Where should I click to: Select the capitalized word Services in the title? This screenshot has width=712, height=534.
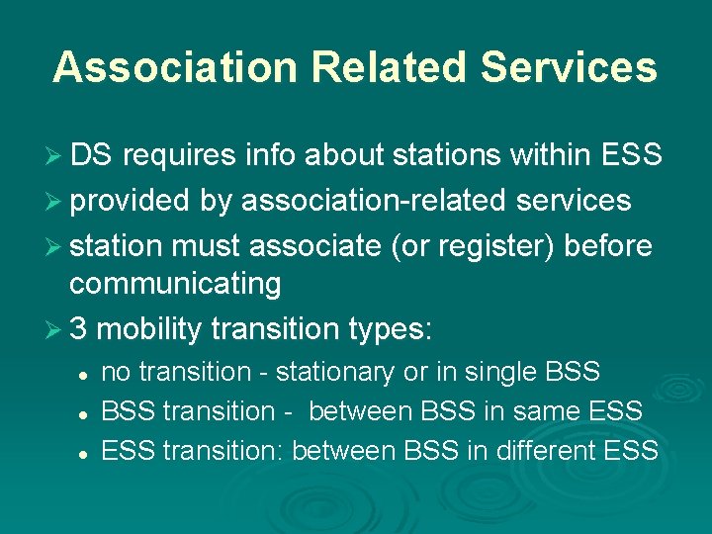click(569, 67)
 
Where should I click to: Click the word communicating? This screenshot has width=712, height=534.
click(175, 285)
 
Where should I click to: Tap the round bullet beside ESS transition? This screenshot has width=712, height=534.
click(86, 452)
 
